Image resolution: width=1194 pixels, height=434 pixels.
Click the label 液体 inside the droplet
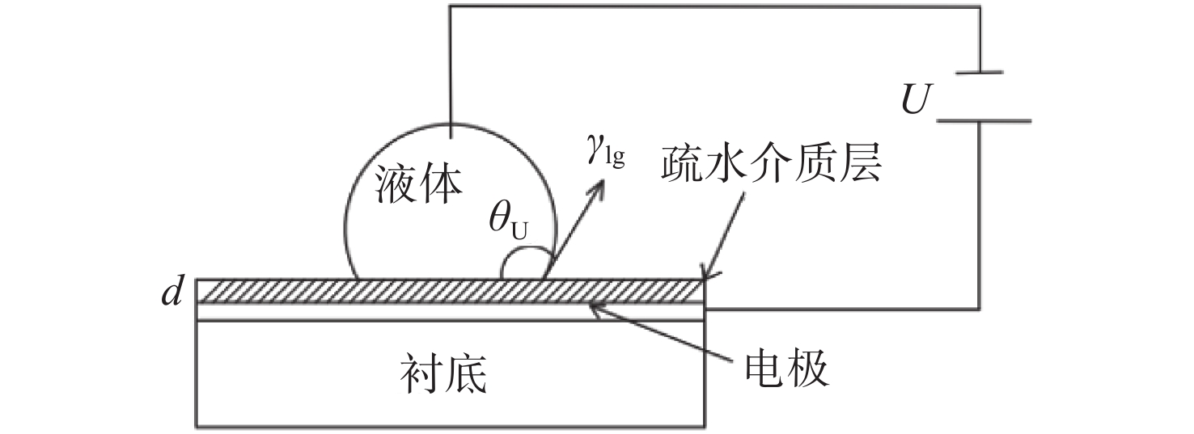tap(419, 184)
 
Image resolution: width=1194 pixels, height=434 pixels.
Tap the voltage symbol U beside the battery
tap(916, 99)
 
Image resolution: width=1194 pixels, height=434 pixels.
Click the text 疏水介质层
tap(771, 164)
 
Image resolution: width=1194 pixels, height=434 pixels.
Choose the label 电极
tap(787, 369)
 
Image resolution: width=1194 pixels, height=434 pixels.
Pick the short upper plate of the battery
tap(979, 73)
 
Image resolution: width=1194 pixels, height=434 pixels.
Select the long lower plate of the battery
tap(984, 121)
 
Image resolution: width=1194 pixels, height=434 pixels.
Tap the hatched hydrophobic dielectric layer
tap(450, 291)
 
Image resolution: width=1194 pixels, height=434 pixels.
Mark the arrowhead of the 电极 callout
tap(598, 308)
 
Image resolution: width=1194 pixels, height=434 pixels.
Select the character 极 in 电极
tap(810, 369)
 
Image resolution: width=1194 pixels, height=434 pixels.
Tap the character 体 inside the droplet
tap(442, 184)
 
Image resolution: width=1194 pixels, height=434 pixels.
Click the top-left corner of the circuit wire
tap(451, 6)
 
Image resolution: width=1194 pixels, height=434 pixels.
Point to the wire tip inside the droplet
tap(451, 138)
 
